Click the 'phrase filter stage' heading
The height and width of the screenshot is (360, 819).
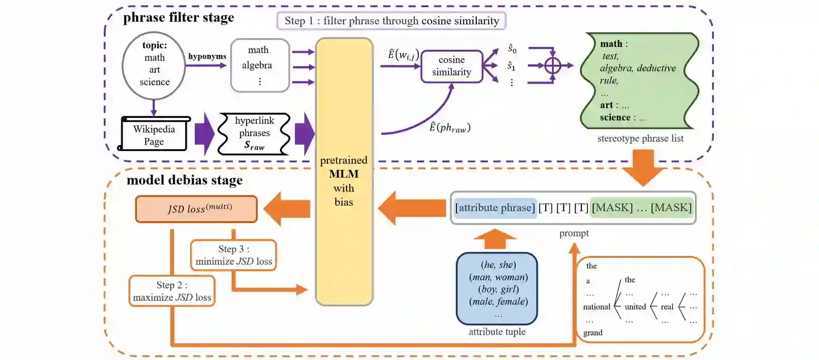tap(178, 18)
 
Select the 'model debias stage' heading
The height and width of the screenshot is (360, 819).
tap(185, 180)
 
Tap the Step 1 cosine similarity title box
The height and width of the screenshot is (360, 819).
tap(391, 21)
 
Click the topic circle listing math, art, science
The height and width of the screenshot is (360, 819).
tap(154, 65)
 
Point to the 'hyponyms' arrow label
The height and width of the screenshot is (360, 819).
tap(207, 56)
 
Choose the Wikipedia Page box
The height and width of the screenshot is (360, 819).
tap(154, 135)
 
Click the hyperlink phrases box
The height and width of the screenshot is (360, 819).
tap(254, 134)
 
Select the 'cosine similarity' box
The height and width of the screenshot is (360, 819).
tap(451, 66)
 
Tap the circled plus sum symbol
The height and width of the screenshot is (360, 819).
tap(553, 66)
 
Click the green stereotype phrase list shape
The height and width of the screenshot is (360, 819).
tap(639, 81)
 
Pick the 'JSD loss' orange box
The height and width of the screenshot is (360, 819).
tap(196, 209)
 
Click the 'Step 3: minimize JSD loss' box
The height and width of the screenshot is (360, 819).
tap(233, 255)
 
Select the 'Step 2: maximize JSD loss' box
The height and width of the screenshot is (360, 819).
tap(172, 291)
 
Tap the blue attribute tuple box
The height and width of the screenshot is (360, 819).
tap(497, 288)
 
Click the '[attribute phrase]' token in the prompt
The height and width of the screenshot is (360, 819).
tap(495, 207)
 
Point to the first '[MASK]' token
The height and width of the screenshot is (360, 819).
tap(612, 207)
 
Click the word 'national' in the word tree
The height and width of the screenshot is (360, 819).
tap(596, 307)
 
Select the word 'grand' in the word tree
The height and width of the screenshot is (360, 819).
tap(593, 333)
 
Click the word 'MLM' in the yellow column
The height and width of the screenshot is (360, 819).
tap(344, 174)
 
